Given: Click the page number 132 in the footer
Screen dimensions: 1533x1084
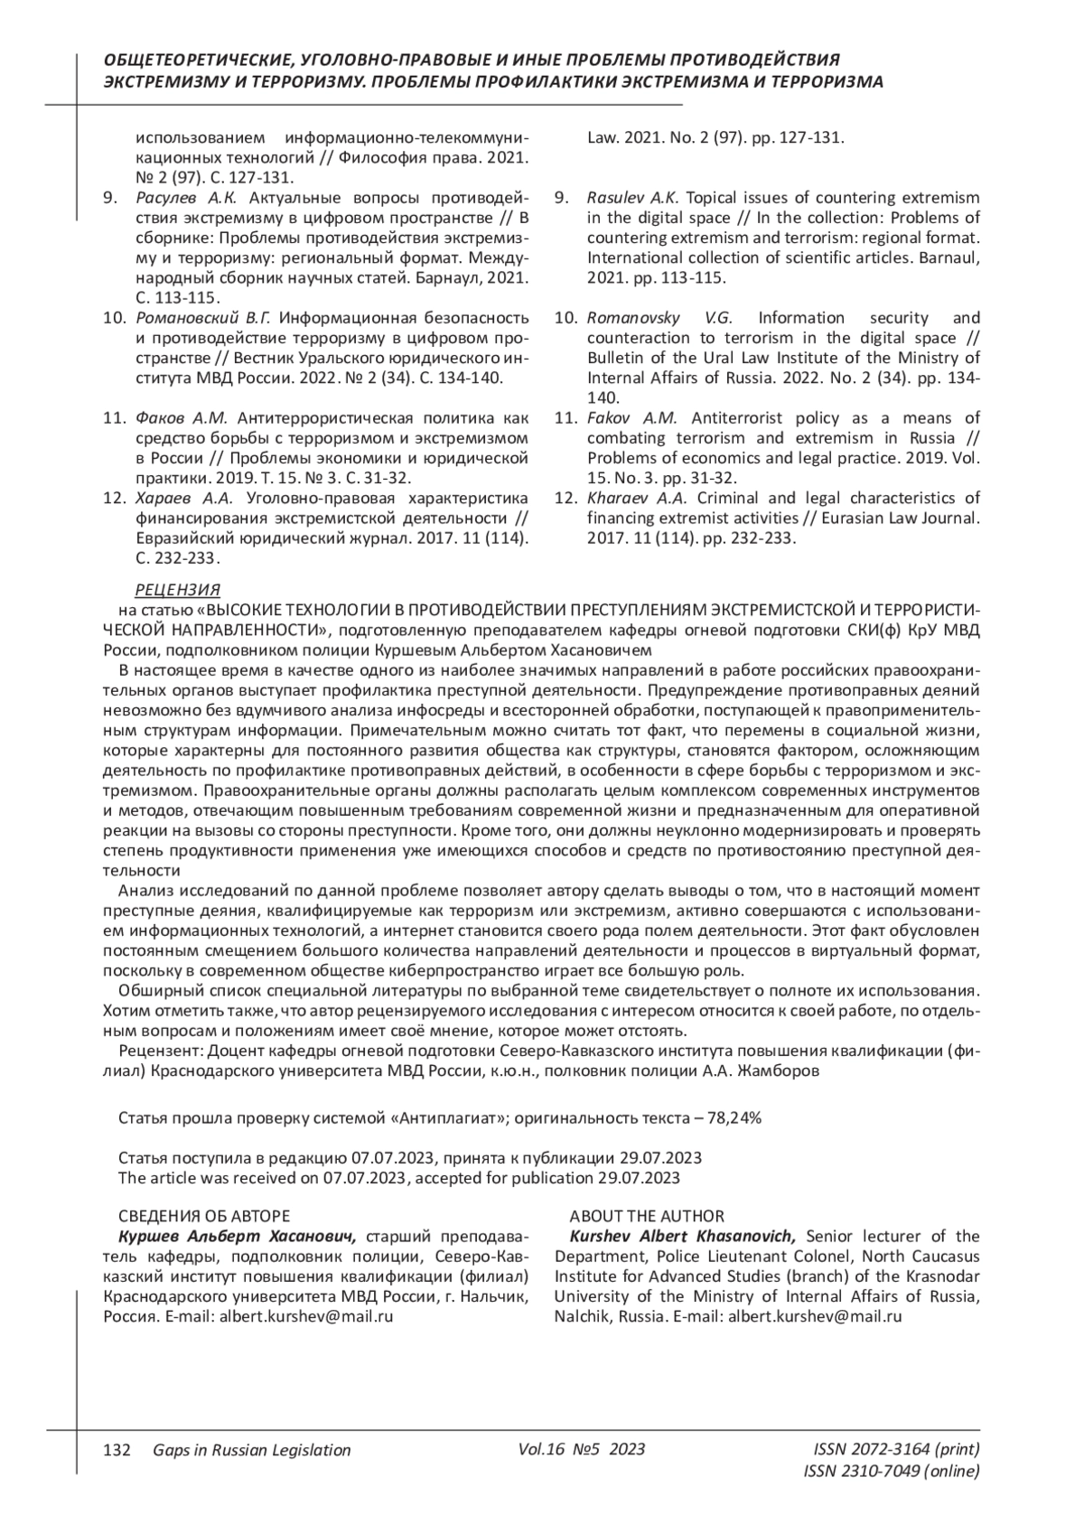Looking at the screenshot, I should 117,1450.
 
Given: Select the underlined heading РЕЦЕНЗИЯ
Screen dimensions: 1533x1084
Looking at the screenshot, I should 177,591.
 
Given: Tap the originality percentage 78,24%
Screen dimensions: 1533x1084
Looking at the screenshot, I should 735,1117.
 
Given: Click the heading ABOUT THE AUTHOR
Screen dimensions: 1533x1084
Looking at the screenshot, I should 647,1216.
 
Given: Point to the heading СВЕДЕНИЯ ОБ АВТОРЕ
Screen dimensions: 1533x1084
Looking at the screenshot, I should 204,1216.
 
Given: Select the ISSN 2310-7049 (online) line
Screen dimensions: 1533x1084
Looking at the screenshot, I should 891,1472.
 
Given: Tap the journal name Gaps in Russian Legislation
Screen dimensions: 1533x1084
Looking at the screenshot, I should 252,1450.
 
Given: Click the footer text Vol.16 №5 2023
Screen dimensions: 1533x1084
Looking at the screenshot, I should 582,1449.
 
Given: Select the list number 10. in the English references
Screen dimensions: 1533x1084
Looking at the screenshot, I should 565,317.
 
